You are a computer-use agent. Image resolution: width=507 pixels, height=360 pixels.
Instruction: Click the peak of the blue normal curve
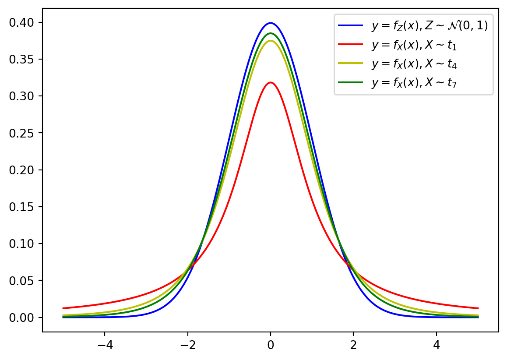point(271,23)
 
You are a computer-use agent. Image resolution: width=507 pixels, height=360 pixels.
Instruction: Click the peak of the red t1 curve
point(271,82)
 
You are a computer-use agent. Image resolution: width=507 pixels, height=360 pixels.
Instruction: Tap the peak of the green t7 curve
point(271,33)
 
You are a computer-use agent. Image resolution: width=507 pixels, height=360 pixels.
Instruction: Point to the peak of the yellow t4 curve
point(271,41)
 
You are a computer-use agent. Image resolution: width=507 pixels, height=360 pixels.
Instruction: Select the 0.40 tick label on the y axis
point(28,22)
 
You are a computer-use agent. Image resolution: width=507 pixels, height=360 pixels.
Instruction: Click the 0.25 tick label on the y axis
point(28,133)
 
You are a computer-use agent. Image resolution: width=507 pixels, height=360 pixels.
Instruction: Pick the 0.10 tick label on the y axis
point(28,244)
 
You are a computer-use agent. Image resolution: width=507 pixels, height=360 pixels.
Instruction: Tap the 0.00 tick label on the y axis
point(28,317)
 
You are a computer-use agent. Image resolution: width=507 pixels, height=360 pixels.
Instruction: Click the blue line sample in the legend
point(351,26)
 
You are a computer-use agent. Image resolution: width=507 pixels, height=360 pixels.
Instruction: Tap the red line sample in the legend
point(351,44)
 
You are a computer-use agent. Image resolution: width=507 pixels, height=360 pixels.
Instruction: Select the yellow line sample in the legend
point(351,63)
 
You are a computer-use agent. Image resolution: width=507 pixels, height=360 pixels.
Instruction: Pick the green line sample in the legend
point(351,81)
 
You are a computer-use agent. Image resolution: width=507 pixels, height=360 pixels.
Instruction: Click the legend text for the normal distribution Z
point(429,26)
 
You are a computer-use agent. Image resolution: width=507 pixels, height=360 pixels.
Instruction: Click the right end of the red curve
point(478,308)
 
